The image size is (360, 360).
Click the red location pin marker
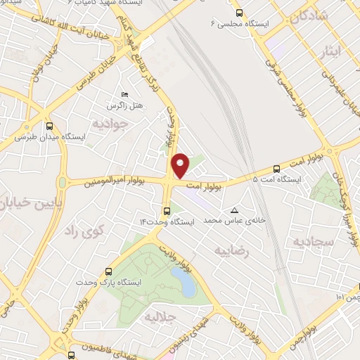click(x=181, y=165)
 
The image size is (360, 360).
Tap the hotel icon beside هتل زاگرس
click(x=125, y=95)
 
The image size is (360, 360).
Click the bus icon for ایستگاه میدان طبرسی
click(x=49, y=127)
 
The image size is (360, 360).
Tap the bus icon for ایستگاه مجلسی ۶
click(x=239, y=13)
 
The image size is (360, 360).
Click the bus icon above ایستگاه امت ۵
click(x=276, y=169)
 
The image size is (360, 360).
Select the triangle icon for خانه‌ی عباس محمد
click(x=235, y=210)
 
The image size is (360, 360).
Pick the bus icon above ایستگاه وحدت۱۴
click(x=167, y=210)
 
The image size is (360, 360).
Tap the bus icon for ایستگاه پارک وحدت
click(x=108, y=271)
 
